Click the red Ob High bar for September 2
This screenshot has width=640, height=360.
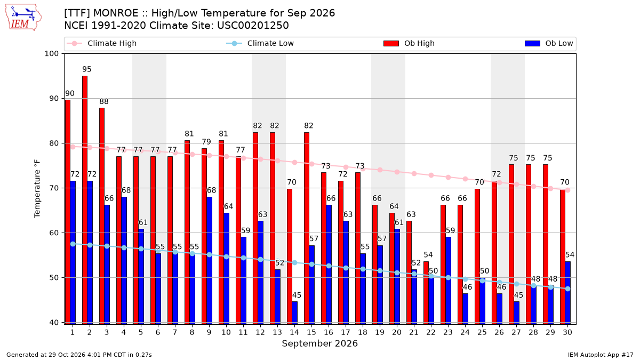[85, 200]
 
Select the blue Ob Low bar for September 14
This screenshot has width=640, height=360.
[294, 313]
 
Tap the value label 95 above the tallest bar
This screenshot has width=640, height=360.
[87, 69]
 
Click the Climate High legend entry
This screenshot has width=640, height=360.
[102, 43]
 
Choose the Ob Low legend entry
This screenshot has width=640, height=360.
[549, 43]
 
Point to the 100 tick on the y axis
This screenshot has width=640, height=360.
[51, 54]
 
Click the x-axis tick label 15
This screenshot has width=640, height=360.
[311, 332]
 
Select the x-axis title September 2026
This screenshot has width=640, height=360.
[319, 343]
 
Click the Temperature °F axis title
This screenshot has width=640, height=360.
[37, 189]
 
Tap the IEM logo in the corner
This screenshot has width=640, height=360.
[23, 17]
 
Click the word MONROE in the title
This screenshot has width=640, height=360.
[116, 13]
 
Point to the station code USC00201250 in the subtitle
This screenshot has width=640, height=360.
[253, 26]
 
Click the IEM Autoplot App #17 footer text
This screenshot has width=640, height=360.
[601, 355]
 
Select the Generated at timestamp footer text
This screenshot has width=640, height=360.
[79, 355]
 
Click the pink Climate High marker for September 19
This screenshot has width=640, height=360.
[380, 170]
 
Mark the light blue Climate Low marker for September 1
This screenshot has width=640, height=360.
[73, 244]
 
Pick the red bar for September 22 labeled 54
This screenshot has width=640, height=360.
[426, 293]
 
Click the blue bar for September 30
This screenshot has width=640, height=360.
[567, 293]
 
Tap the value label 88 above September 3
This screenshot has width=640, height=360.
[104, 101]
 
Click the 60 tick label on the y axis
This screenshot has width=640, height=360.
[54, 233]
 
